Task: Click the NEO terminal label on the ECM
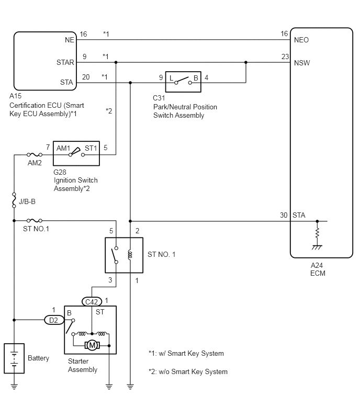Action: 301,40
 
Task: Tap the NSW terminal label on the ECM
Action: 302,63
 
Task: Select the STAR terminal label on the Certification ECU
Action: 65,62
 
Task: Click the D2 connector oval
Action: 54,320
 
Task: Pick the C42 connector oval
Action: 92,302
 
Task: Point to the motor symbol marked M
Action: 92,345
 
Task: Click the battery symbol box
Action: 14,358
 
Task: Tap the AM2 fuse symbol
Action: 35,154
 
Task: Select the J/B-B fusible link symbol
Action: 14,200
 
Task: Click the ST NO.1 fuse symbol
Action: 35,221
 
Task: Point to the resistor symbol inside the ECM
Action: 317,233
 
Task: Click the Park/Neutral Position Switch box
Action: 183,82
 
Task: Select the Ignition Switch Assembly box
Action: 76,153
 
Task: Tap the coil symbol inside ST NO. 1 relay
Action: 130,255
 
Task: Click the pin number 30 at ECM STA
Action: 284,215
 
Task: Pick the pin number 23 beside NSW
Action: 285,57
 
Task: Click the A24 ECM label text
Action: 318,269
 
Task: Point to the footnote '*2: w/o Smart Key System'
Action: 188,372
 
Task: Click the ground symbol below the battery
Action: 14,387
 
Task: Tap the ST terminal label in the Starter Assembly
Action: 100,312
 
